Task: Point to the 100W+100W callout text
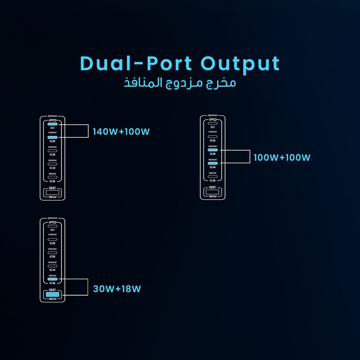pyautogui.click(x=282, y=157)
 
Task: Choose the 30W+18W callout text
pyautogui.click(x=117, y=289)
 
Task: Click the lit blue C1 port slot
pyautogui.click(x=52, y=124)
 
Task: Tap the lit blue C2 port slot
pyautogui.click(x=52, y=137)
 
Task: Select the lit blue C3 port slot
pyautogui.click(x=212, y=150)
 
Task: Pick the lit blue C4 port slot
pyautogui.click(x=212, y=164)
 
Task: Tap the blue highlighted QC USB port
pyautogui.click(x=52, y=294)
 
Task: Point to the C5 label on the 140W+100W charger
pyautogui.click(x=52, y=181)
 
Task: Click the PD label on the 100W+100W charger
pyautogui.click(x=212, y=120)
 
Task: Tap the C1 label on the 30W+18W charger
pyautogui.click(x=52, y=230)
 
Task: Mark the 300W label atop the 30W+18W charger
pyautogui.click(x=52, y=219)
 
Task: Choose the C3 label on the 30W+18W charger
pyautogui.click(x=52, y=256)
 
